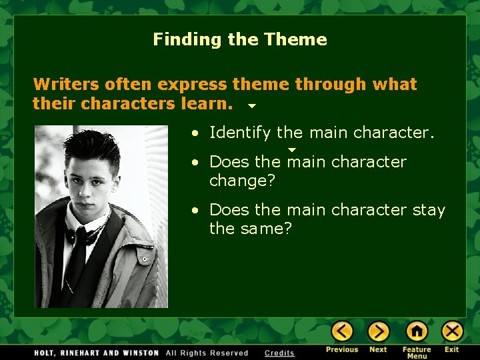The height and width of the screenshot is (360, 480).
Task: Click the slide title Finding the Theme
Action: point(240,39)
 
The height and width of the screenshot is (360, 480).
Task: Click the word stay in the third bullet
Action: point(429,209)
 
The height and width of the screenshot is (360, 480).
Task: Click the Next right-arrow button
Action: point(378,331)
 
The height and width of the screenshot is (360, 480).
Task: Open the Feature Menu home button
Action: point(417,331)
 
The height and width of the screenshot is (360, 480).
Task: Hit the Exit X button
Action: point(452,331)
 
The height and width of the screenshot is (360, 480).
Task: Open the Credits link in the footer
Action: point(279,353)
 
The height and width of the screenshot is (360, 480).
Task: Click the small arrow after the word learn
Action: point(252,106)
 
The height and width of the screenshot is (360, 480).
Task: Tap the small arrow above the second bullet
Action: point(291,150)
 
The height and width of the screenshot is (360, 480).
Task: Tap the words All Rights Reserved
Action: point(207,353)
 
